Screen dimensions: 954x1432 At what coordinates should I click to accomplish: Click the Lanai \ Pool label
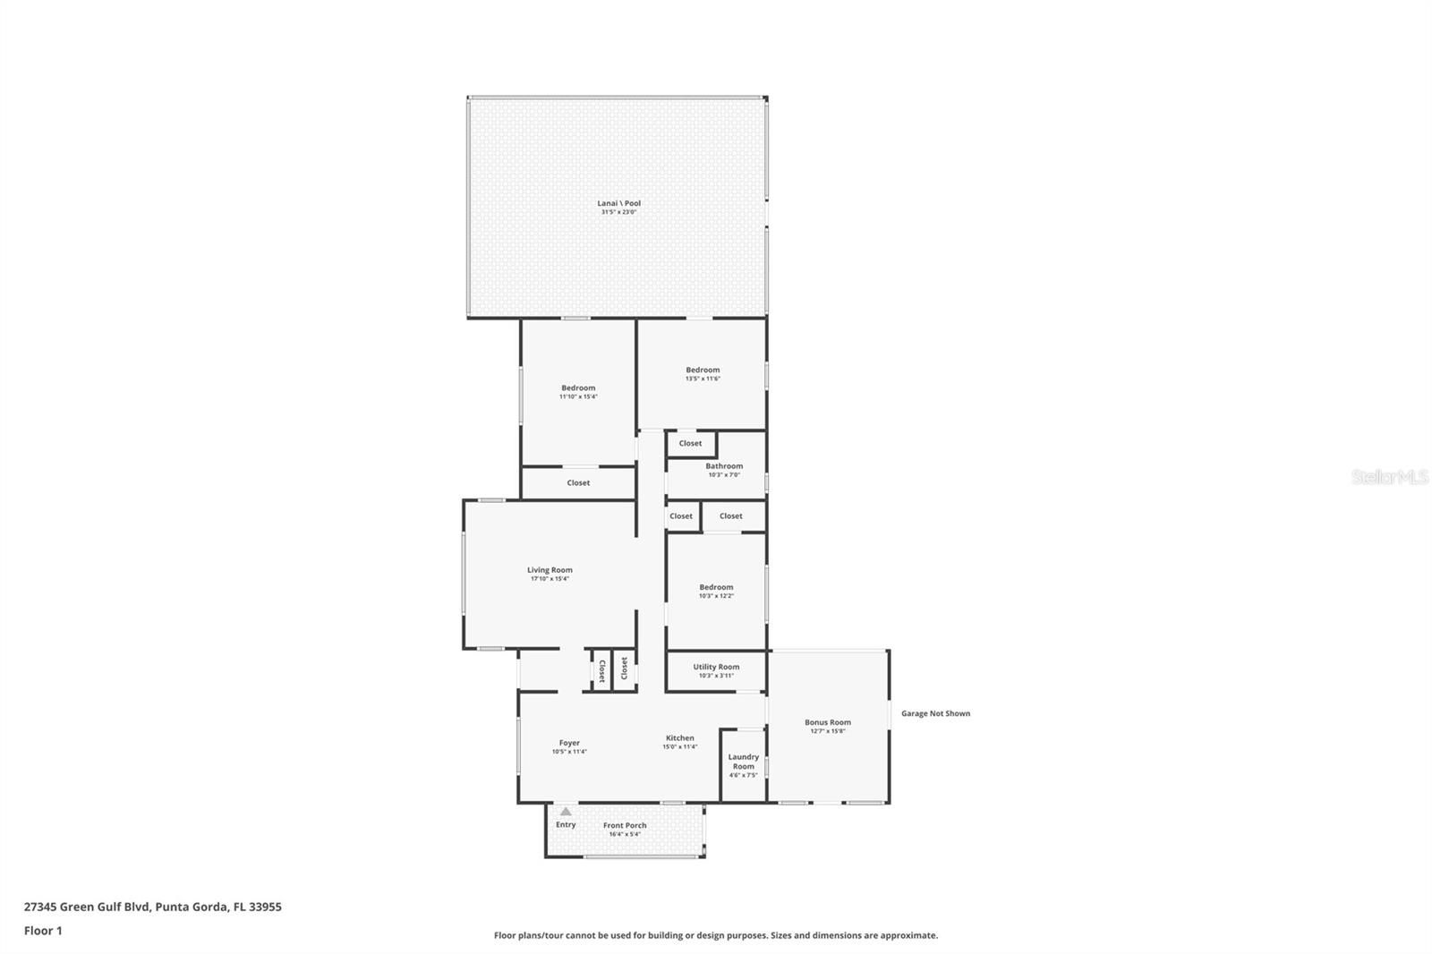coord(618,203)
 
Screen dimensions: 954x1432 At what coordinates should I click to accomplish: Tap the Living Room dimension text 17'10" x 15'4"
coord(550,579)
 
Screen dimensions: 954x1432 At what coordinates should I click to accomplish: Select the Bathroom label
coord(723,466)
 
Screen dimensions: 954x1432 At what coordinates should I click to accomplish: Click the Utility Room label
coord(716,667)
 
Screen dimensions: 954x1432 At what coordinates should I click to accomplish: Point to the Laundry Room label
coord(743,762)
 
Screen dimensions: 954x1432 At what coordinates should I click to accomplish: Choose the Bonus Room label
coord(827,722)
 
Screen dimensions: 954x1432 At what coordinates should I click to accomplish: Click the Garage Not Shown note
coord(935,713)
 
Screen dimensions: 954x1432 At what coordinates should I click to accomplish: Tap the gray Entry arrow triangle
coord(566,812)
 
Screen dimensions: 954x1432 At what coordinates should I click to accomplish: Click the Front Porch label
coord(625,826)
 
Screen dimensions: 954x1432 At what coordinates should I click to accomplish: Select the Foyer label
coord(569,743)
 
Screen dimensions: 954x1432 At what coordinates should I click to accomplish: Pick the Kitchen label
coord(679,738)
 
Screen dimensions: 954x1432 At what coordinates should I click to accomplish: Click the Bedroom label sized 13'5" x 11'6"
coord(703,370)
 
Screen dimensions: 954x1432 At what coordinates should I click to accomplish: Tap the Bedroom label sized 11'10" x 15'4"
coord(578,388)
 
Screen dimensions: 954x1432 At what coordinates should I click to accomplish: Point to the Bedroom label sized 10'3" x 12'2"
coord(716,587)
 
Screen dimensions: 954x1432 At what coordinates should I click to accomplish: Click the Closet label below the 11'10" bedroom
coord(578,483)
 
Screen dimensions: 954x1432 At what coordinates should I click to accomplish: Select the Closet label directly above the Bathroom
coord(690,443)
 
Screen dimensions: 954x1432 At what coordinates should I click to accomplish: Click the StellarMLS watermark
coord(1389,477)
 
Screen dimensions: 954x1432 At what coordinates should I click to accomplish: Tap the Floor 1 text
coord(43,931)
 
